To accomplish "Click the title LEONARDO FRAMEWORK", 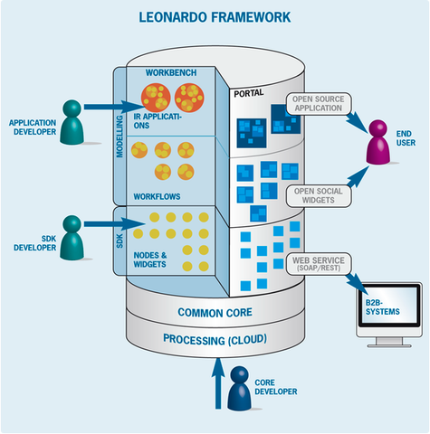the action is pos(215,17).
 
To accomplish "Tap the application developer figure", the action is pos(72,122).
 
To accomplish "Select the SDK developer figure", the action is pos(72,238).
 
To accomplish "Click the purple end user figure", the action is pos(378,142).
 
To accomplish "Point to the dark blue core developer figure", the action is pos(239,388).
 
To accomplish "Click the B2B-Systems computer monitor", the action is pos(389,315).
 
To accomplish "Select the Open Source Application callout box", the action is pos(319,103).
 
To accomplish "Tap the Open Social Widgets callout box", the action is pos(319,196).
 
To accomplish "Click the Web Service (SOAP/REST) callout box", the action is pos(319,264).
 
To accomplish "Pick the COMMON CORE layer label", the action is pos(215,313).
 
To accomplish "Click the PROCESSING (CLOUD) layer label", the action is pos(215,340).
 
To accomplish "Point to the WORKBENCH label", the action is pos(171,72).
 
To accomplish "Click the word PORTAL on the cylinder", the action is pos(249,93).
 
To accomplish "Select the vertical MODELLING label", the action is pos(119,137).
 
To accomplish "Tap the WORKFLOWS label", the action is pos(157,196).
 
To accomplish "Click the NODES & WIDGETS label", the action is pos(150,259).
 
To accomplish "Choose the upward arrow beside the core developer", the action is pos(218,383).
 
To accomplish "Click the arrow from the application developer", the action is pos(114,107).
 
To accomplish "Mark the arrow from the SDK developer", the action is pos(114,224).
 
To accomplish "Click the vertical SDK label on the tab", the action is pos(119,241).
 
